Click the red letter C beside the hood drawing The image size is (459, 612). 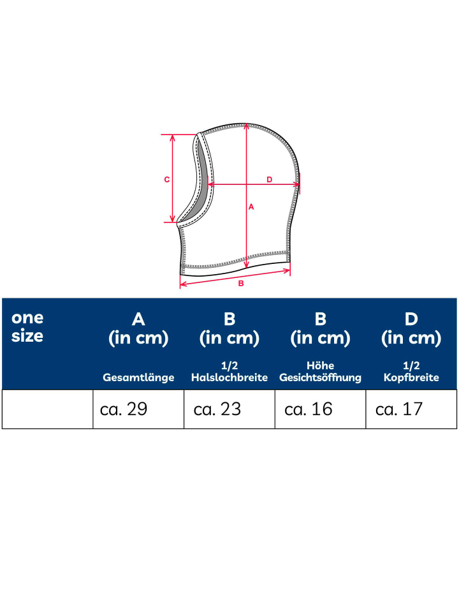click(x=166, y=180)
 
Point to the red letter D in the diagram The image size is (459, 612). click(x=269, y=180)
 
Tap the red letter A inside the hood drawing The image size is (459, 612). click(x=251, y=207)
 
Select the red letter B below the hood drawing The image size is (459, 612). click(x=241, y=283)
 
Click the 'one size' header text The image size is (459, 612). click(x=27, y=327)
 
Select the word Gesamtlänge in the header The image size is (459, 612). click(x=138, y=377)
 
